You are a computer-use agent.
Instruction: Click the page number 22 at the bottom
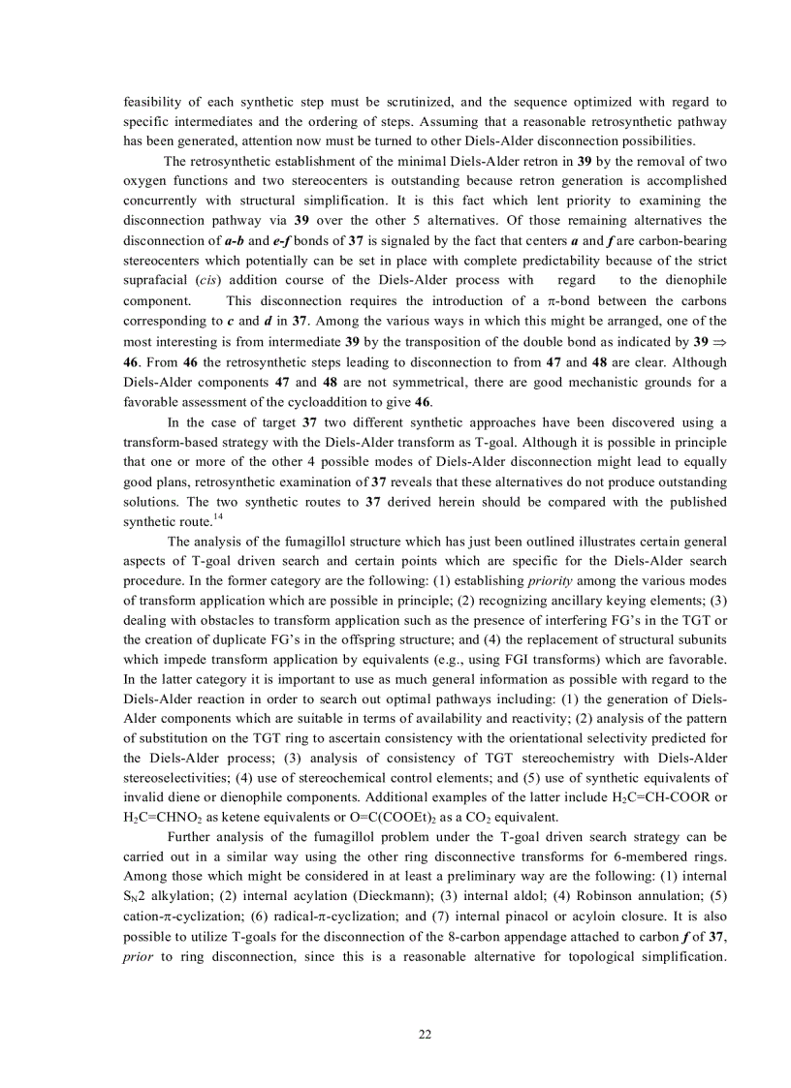pyautogui.click(x=425, y=1035)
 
